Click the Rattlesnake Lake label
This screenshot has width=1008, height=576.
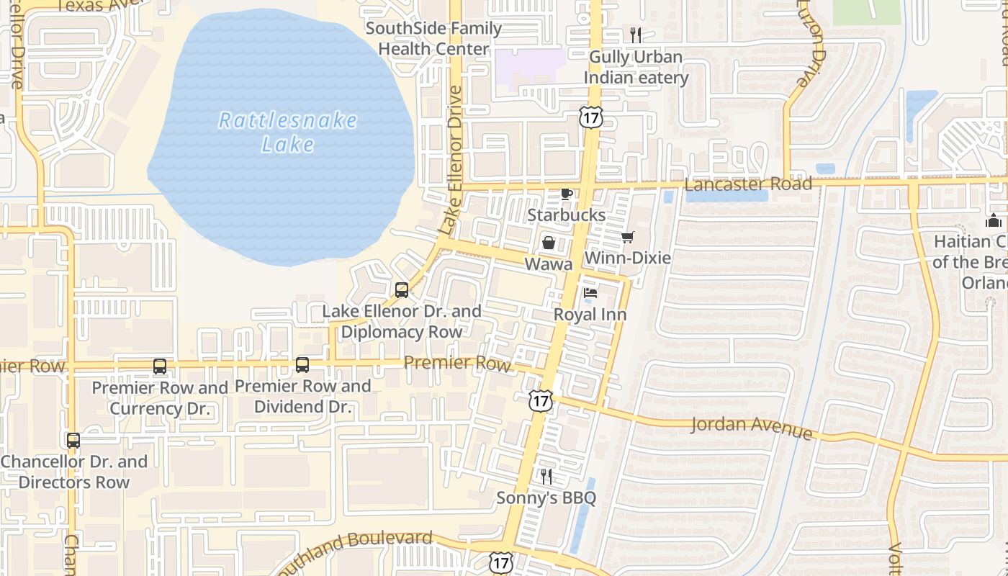click(287, 132)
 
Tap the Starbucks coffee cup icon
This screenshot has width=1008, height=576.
click(567, 194)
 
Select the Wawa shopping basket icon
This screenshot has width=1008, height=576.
click(549, 243)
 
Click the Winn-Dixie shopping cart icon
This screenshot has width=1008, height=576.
click(627, 237)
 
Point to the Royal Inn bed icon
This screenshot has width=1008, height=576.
click(590, 293)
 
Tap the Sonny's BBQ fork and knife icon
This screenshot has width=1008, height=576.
click(546, 476)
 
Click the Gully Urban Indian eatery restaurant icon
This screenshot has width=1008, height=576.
click(636, 35)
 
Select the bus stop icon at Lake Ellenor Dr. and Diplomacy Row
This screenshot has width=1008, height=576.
click(402, 290)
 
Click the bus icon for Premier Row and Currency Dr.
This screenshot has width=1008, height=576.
click(160, 366)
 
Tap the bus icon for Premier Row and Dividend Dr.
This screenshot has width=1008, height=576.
click(302, 365)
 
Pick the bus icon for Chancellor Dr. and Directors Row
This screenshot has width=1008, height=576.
click(73, 441)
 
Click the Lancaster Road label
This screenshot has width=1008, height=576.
click(748, 184)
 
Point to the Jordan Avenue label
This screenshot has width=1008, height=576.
click(752, 427)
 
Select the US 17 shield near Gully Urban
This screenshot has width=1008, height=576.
click(590, 118)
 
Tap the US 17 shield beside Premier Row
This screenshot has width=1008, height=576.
click(540, 401)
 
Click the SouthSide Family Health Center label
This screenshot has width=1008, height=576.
click(433, 39)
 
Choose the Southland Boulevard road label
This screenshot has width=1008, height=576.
click(353, 547)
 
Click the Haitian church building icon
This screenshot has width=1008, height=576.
click(994, 220)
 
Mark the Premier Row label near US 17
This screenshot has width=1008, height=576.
click(457, 363)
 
